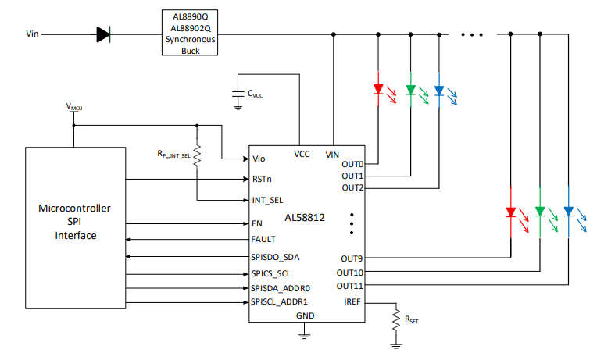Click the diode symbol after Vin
[103, 34]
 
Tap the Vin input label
[32, 34]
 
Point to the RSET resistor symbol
[396, 320]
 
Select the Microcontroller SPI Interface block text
[76, 222]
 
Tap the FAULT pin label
[263, 239]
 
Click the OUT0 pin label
[352, 164]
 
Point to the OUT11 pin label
[350, 286]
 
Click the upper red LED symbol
[378, 90]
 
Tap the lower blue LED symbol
[568, 212]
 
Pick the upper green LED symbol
[409, 90]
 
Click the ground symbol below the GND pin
[304, 335]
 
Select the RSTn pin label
[262, 179]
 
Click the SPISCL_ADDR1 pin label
[279, 301]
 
